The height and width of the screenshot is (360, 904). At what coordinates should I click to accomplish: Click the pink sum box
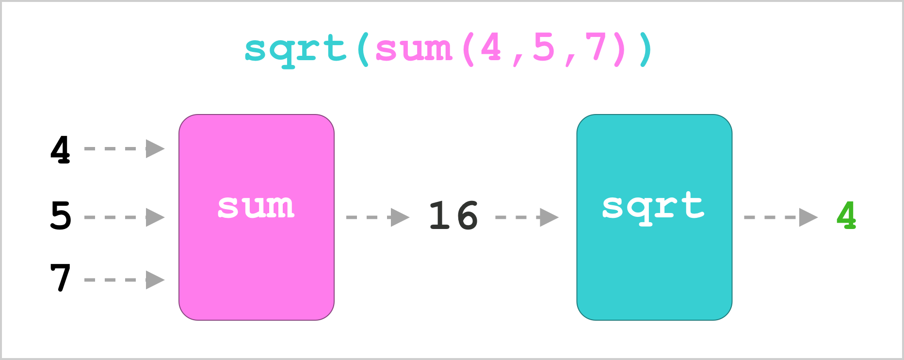257,217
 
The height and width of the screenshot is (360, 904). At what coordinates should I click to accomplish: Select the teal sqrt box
654,217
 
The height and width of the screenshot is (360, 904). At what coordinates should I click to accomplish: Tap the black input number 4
60,149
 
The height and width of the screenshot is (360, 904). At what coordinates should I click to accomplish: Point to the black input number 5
61,215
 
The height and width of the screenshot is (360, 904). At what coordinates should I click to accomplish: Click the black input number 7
61,277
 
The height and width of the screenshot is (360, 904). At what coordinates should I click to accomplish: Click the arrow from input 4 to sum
125,148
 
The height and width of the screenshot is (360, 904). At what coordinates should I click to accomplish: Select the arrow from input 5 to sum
125,217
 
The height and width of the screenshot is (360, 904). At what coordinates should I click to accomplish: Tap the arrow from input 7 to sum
125,280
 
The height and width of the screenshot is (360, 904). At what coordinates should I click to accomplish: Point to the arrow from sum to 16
378,217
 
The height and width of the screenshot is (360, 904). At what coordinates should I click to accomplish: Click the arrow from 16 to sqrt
527,217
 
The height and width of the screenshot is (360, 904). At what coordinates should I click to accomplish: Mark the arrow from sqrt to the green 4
781,217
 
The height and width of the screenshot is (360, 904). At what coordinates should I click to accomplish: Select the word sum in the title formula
414,49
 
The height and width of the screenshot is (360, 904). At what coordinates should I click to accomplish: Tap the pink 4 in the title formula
491,47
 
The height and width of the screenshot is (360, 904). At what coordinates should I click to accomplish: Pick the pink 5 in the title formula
544,47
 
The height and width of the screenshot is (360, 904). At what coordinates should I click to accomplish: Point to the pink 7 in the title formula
596,47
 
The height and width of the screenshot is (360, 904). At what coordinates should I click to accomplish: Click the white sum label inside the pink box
256,207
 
